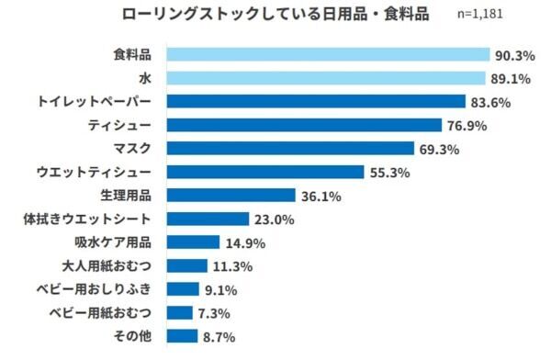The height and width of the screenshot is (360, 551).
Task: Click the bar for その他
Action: point(184,336)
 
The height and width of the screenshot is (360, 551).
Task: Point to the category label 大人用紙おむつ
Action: point(114,266)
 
